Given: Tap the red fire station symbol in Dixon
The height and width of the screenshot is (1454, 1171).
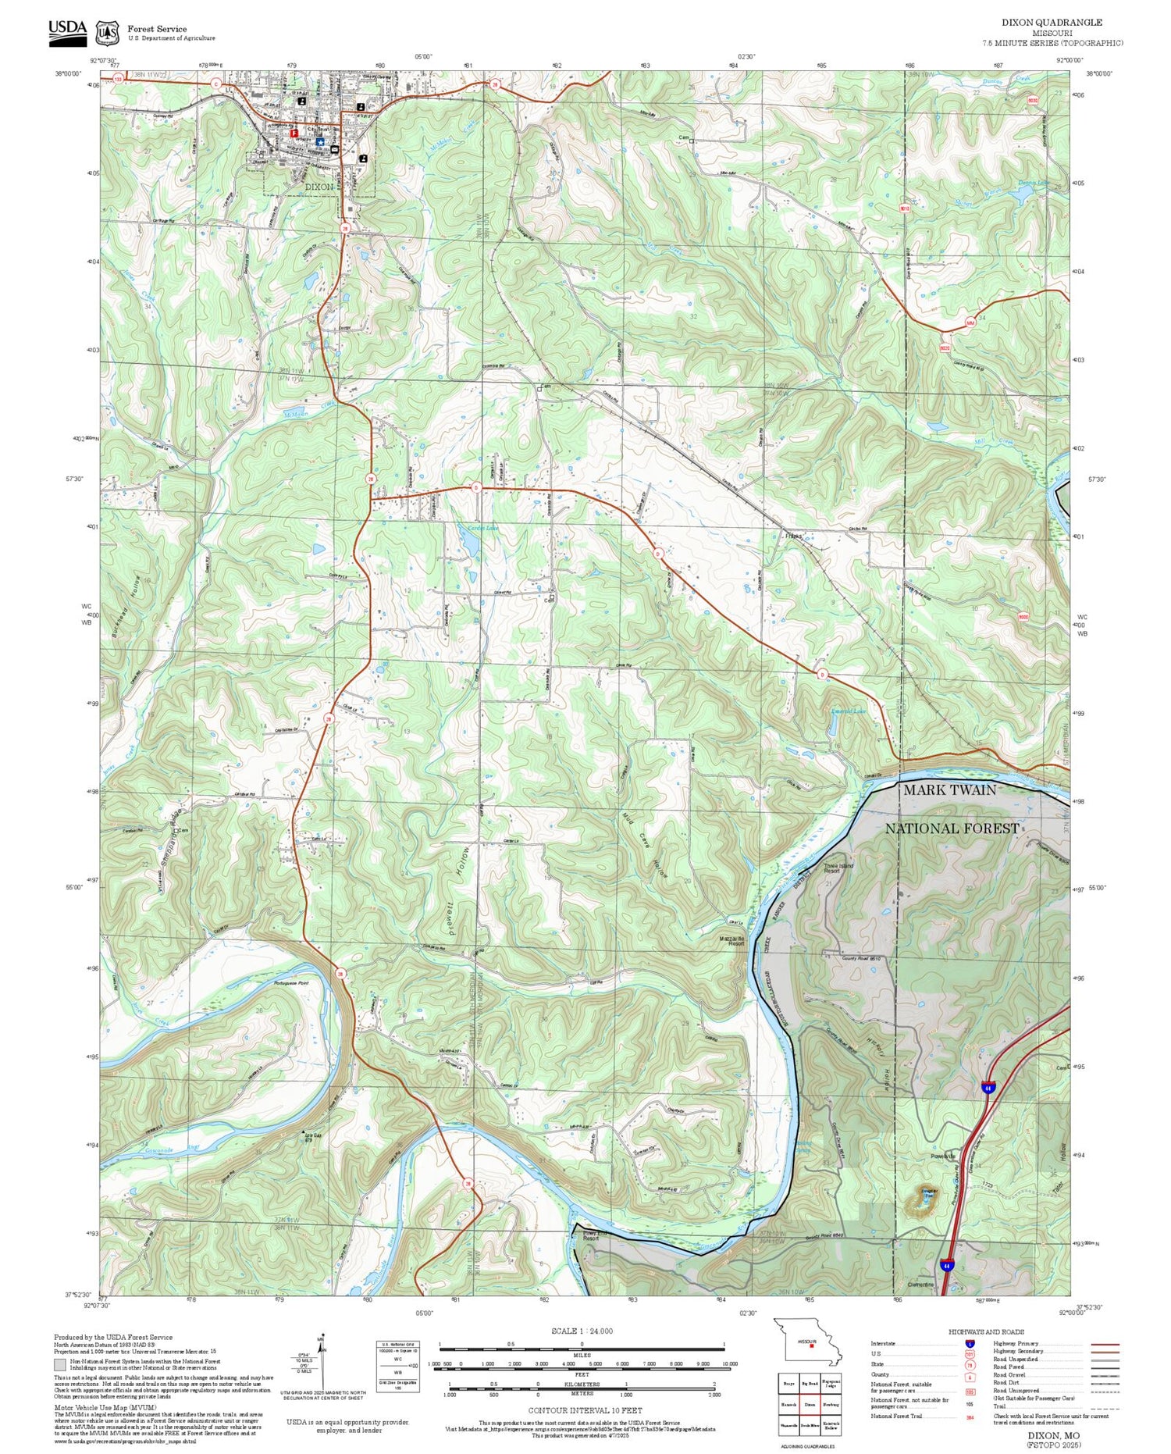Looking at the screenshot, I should tap(294, 133).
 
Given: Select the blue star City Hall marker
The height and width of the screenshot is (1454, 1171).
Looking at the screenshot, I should tap(320, 142).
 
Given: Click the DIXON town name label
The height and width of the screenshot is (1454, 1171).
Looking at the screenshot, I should tap(319, 187).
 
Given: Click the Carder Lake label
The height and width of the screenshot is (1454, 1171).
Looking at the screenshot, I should tap(482, 529).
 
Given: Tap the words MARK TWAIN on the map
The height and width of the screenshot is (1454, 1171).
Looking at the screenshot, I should tap(949, 790).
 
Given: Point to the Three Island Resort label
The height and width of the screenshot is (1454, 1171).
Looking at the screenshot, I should tap(838, 868).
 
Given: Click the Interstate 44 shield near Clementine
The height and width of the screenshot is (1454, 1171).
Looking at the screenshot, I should tap(947, 1264).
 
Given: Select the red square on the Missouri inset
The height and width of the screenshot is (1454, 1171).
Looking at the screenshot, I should tap(812, 1345).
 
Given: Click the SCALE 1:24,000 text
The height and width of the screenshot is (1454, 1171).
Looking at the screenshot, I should tap(582, 1331).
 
